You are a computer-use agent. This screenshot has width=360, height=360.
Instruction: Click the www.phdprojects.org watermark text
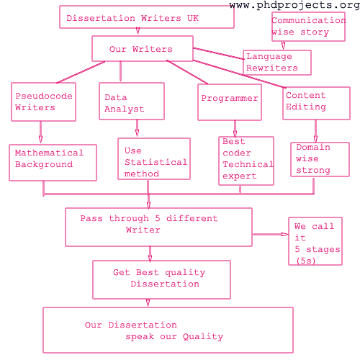point(294,5)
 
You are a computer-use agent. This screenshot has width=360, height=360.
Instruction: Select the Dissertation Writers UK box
point(147,17)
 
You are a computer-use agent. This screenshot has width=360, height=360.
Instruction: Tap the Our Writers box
point(143,49)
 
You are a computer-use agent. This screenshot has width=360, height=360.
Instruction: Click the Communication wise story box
point(308,27)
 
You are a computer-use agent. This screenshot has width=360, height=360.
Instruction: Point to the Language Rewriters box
point(277,63)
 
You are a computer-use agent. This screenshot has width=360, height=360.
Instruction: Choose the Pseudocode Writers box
point(43,102)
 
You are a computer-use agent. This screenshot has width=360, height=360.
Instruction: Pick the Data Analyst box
point(132,101)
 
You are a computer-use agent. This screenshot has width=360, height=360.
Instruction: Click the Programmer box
point(230,102)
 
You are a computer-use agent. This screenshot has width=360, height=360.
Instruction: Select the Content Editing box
point(316,103)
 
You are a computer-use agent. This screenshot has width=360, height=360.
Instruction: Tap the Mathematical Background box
point(53,163)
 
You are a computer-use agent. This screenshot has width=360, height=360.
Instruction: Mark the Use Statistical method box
point(154,158)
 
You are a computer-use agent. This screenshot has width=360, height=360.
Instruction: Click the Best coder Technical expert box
point(246,161)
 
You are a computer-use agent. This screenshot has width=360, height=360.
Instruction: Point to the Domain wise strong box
point(320,159)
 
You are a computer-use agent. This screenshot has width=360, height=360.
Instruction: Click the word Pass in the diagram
point(91,218)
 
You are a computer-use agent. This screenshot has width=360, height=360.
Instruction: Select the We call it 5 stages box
point(315,241)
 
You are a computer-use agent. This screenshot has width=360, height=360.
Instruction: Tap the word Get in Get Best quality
point(122,272)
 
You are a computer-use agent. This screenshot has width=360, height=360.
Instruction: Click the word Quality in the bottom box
point(203,337)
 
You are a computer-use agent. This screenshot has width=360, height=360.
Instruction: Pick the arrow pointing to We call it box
point(271,234)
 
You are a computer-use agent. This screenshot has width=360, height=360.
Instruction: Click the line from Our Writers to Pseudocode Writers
point(81,72)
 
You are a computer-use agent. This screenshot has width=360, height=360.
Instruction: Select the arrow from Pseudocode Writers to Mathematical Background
point(40,132)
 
